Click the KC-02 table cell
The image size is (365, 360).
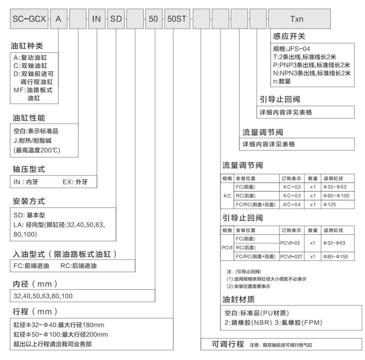pyautogui.click(x=292, y=187)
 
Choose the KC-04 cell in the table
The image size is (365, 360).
pyautogui.click(x=292, y=204)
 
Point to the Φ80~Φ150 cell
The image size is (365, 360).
pyautogui.click(x=335, y=256)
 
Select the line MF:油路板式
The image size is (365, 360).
pyautogui.click(x=33, y=90)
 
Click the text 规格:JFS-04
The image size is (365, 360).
pyautogui.click(x=294, y=49)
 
